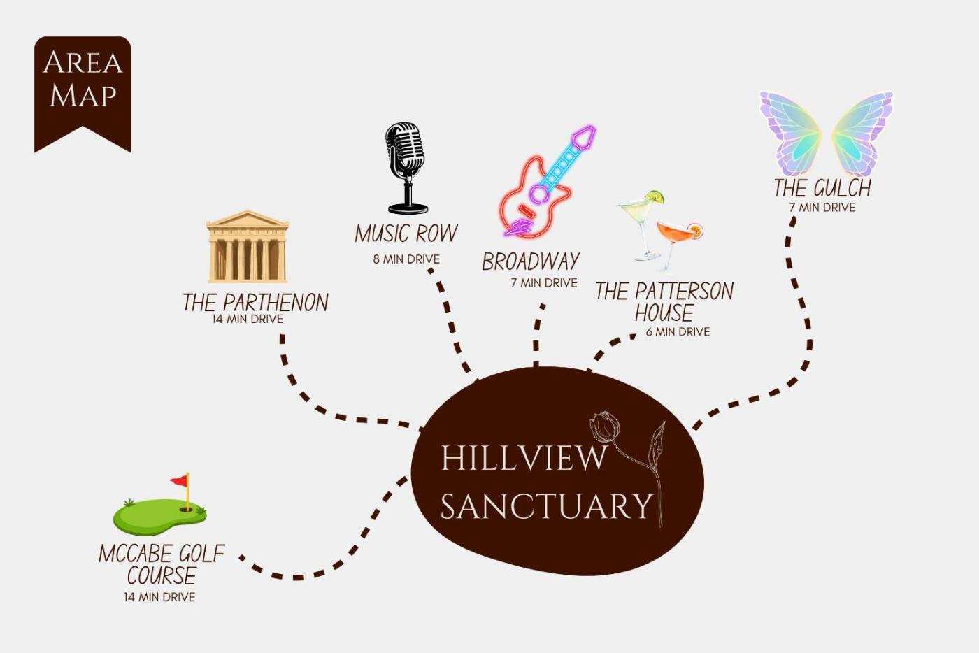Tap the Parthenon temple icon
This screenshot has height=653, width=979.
point(248,247)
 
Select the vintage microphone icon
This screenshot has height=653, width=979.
point(406,168)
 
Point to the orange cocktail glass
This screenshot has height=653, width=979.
point(678,244)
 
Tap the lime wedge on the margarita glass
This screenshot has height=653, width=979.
point(655,196)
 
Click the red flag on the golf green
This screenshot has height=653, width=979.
point(179,481)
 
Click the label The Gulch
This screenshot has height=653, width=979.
point(822,188)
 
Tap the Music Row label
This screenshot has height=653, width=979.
point(406,234)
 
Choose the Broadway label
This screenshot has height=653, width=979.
point(531,261)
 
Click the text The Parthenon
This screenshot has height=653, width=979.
point(256,302)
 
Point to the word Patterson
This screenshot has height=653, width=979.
point(684,291)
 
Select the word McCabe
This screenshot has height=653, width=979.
point(133,554)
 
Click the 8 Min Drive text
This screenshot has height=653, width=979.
point(406,259)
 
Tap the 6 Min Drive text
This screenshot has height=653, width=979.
point(678,332)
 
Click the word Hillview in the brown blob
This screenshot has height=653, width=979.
point(524,458)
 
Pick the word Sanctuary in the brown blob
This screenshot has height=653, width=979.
point(546,505)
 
